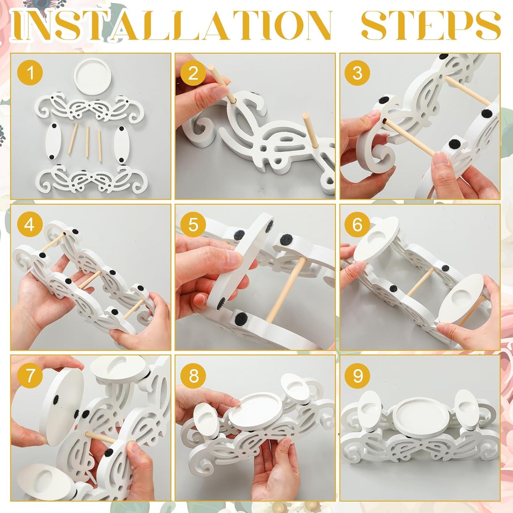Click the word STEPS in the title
pos(431,26)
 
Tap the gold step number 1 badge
pos(30,73)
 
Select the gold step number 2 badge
pos(193,73)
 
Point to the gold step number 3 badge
pos(357,73)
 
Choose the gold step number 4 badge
pos(30,224)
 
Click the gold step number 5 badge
pos(193,224)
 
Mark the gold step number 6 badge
pos(357,224)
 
